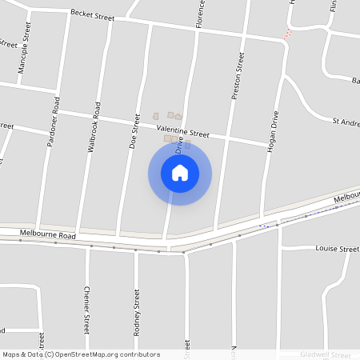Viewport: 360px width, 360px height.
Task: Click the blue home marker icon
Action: pyautogui.click(x=180, y=173)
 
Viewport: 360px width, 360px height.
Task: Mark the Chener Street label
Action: pyautogui.click(x=86, y=312)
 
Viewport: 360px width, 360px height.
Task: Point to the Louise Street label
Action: pyautogui.click(x=337, y=250)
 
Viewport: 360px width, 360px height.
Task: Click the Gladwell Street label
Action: pyautogui.click(x=326, y=354)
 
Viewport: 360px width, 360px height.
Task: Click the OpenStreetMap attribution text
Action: pyautogui.click(x=81, y=354)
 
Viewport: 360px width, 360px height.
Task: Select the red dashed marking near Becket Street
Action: pyautogui.click(x=289, y=33)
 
